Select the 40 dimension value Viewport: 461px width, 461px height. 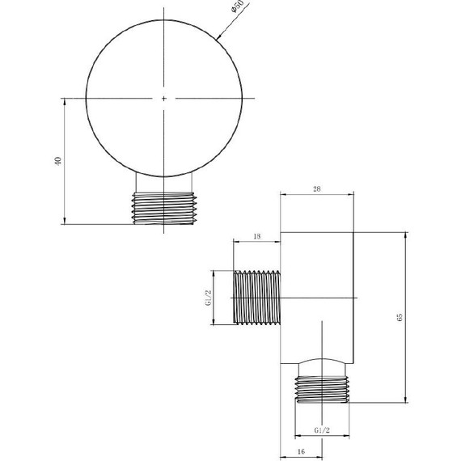click(x=57, y=161)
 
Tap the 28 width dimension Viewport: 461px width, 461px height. click(x=316, y=188)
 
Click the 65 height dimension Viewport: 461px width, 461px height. click(x=398, y=316)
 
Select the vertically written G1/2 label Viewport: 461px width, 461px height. click(x=208, y=298)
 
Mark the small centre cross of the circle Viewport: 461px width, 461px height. click(x=164, y=98)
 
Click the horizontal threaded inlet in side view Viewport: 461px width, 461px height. click(x=256, y=298)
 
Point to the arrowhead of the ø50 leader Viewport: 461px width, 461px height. click(x=221, y=37)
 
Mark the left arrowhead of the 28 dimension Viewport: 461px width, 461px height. click(x=284, y=195)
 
